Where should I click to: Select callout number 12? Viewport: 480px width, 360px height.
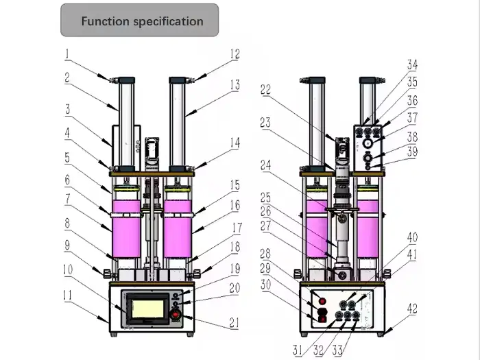[x=235, y=53]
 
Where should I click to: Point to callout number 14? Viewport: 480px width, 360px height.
[x=235, y=143]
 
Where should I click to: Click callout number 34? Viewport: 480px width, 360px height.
[x=411, y=64]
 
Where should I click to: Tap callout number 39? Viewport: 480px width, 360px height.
[x=411, y=152]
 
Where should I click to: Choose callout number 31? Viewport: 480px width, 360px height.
[x=297, y=350]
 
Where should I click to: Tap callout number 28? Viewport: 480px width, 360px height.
[x=265, y=253]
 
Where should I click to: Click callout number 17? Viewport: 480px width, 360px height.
[x=235, y=226]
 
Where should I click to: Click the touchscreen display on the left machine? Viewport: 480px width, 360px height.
[x=145, y=304]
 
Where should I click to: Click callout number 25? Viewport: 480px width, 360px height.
[x=265, y=197]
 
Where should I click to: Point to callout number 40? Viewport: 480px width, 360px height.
[x=411, y=238]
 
